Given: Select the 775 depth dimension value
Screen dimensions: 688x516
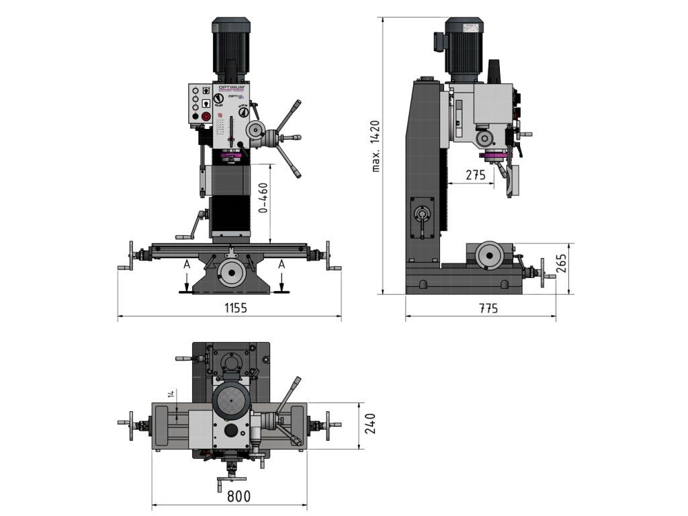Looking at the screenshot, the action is (488, 309).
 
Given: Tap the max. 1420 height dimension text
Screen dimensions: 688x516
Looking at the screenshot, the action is (376, 146).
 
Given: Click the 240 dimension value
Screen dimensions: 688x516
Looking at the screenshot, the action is (370, 423).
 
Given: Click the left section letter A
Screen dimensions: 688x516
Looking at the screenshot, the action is (187, 265).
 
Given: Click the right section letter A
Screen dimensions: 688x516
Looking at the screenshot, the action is (282, 265).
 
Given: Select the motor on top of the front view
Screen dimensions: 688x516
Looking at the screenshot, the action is (231, 47).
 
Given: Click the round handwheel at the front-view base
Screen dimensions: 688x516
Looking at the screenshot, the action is (232, 272).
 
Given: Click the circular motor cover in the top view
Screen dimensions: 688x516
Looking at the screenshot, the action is (232, 400).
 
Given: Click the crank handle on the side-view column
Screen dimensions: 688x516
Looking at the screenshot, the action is (422, 219).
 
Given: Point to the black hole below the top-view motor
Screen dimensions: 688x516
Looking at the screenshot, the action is (232, 431).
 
